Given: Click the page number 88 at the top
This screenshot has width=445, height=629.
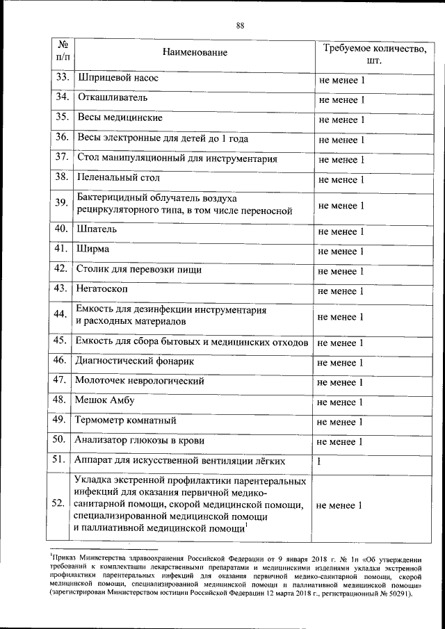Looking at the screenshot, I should pyautogui.click(x=240, y=26).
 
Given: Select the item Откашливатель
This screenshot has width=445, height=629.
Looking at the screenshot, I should pyautogui.click(x=111, y=99).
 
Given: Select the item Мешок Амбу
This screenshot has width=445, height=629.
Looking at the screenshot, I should pyautogui.click(x=105, y=401).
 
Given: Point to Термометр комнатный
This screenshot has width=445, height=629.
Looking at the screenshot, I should pyautogui.click(x=125, y=421).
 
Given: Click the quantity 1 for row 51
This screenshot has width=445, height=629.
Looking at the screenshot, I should pyautogui.click(x=319, y=461).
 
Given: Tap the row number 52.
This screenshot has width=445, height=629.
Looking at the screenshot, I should pyautogui.click(x=60, y=505).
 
